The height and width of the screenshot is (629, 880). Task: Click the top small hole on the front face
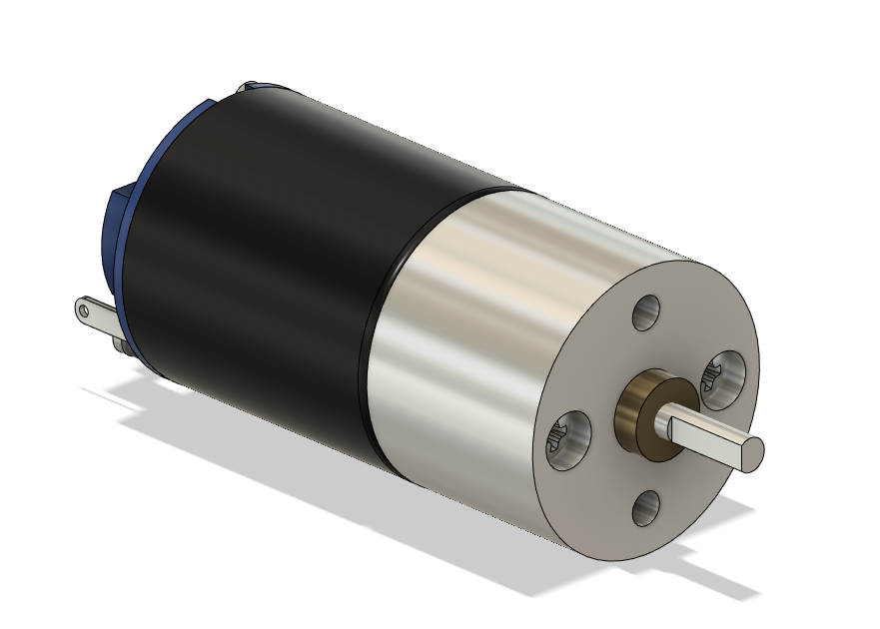point(647,313)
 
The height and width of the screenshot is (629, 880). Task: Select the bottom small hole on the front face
point(646,508)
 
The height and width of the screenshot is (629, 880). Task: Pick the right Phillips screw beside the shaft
point(720,379)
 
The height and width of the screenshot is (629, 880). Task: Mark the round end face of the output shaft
point(753,454)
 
